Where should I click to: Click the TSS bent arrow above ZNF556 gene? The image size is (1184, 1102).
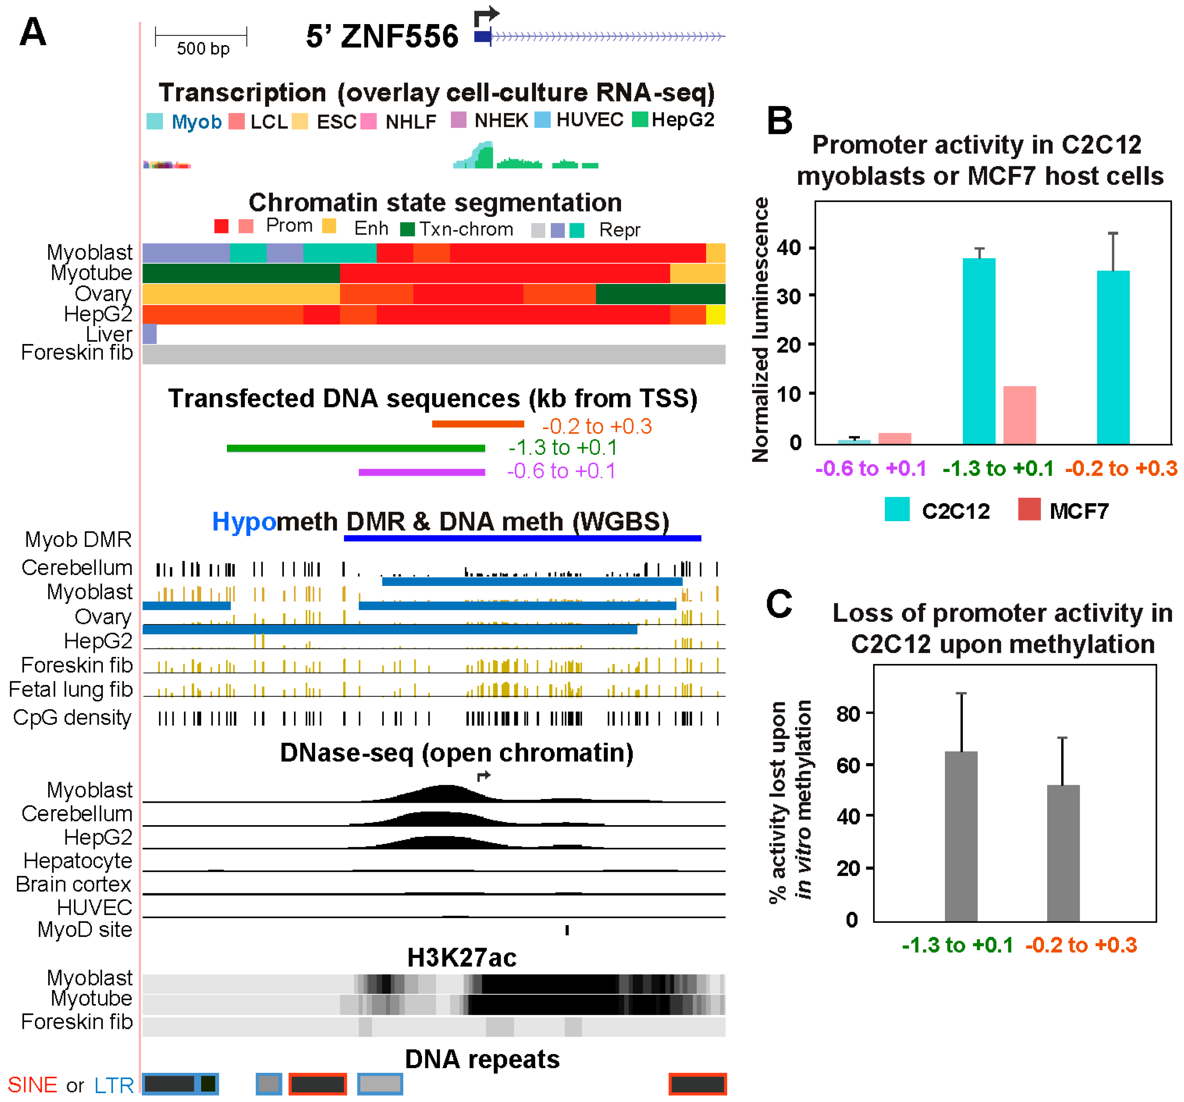tap(486, 16)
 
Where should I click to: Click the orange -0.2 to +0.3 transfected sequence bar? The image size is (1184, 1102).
tap(478, 424)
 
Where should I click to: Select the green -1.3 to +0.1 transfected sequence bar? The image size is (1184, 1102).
tap(355, 448)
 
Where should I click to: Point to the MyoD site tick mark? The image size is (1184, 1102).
tap(567, 930)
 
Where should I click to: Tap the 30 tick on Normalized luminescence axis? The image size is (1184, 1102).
tap(789, 296)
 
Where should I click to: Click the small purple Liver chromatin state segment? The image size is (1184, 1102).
tap(150, 334)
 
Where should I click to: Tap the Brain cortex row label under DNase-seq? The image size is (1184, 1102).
tap(73, 884)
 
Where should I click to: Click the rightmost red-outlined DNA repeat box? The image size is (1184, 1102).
tap(697, 1084)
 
